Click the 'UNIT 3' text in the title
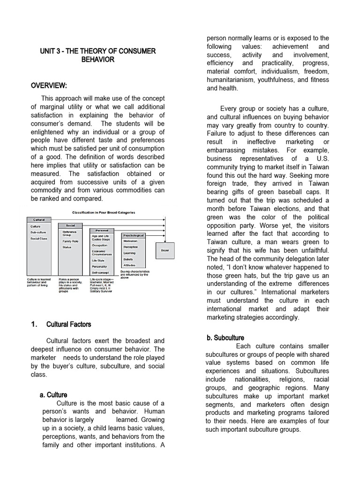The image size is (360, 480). [52, 51]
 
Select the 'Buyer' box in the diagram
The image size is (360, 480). [165, 250]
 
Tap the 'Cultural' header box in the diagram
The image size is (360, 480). [38, 219]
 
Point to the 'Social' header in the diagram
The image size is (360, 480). [70, 225]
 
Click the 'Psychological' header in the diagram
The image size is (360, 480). [133, 235]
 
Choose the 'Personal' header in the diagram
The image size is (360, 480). [102, 230]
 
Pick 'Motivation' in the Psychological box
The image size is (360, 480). [130, 241]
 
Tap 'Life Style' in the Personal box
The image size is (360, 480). [98, 260]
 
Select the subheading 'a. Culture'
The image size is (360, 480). [53, 395]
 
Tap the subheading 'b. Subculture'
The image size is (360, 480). [225, 337]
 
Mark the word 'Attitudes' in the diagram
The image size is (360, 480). [129, 265]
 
